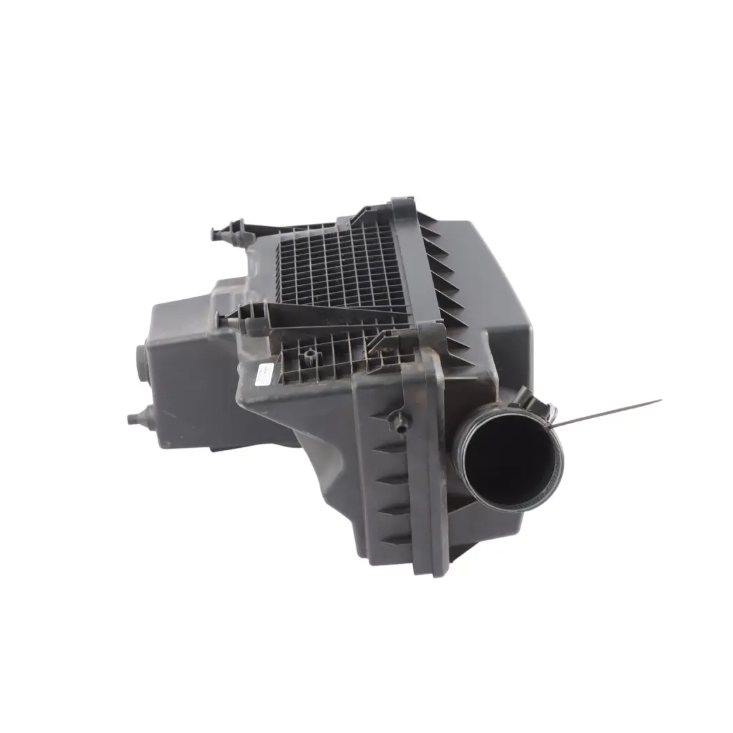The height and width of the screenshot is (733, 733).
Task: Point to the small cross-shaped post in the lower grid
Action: [310, 354]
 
